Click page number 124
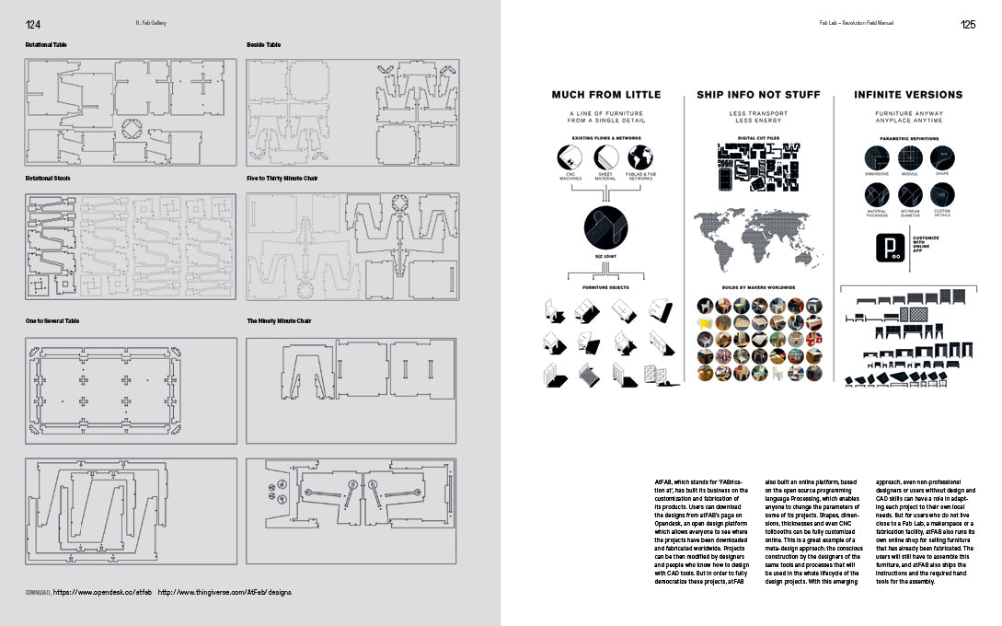[33, 24]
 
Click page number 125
[968, 24]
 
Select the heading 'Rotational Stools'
[50, 178]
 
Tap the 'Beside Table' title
[264, 44]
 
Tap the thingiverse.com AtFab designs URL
[225, 592]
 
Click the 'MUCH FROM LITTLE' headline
[605, 95]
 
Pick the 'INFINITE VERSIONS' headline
[908, 95]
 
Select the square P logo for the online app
[889, 249]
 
